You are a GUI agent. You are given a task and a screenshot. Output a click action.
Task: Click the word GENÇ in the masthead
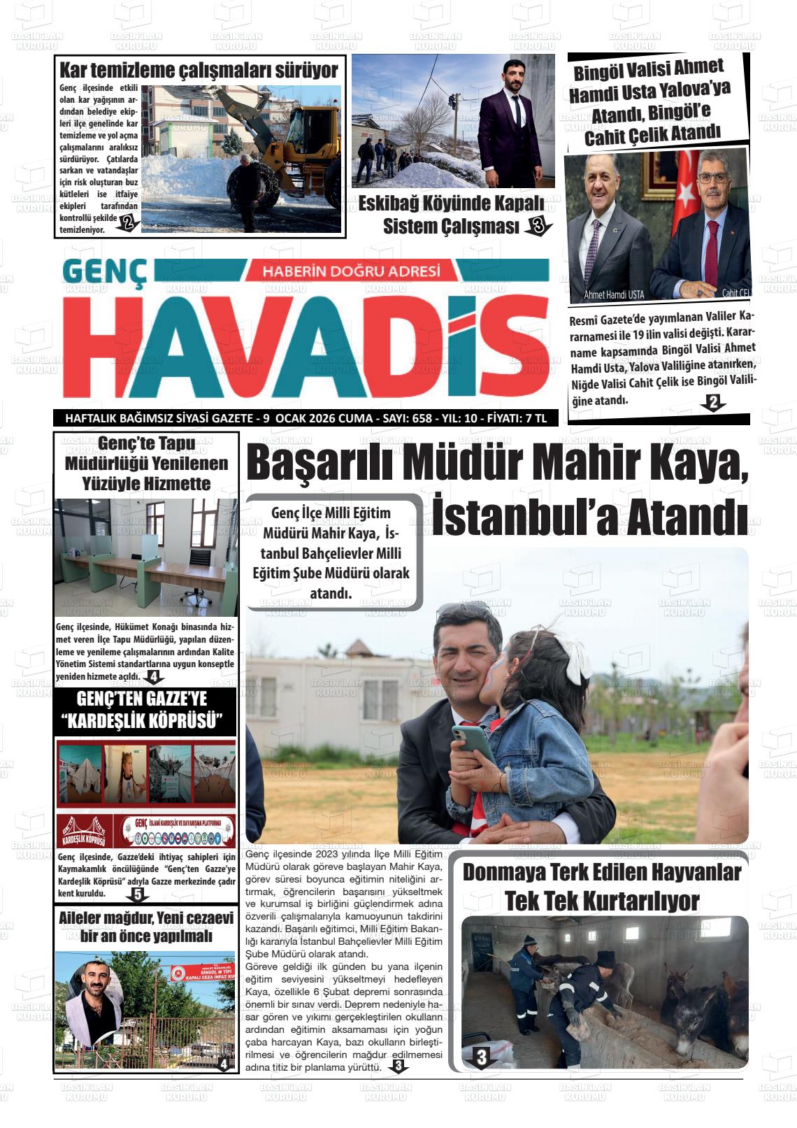coord(105,273)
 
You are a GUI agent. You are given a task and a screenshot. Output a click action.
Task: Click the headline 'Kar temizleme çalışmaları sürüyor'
coord(199,71)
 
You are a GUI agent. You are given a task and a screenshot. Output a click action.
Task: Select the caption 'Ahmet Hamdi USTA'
coord(614,294)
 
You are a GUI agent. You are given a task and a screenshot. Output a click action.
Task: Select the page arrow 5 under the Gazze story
coord(137,894)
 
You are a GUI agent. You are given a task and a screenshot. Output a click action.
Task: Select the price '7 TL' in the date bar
coord(535,418)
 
